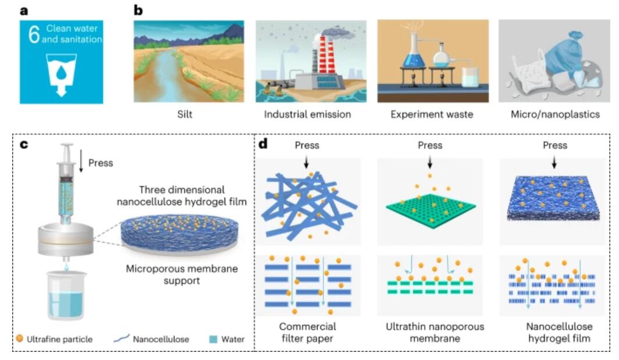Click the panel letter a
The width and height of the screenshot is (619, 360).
(24, 10)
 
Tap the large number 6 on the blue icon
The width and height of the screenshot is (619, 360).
(34, 34)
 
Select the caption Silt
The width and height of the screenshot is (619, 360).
(185, 115)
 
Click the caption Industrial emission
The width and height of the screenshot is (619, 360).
(308, 115)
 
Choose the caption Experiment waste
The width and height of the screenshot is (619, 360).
(432, 115)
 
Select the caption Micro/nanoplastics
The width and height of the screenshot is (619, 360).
(555, 115)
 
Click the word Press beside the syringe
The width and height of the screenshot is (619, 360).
(101, 163)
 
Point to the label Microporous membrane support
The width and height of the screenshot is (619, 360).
(182, 275)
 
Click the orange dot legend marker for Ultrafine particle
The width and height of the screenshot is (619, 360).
(19, 338)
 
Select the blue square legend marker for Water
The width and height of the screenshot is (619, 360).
(213, 339)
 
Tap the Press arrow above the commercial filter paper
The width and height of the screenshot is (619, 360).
(307, 162)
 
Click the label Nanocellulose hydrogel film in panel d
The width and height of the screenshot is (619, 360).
(559, 332)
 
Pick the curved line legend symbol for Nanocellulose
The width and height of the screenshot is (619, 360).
(122, 338)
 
